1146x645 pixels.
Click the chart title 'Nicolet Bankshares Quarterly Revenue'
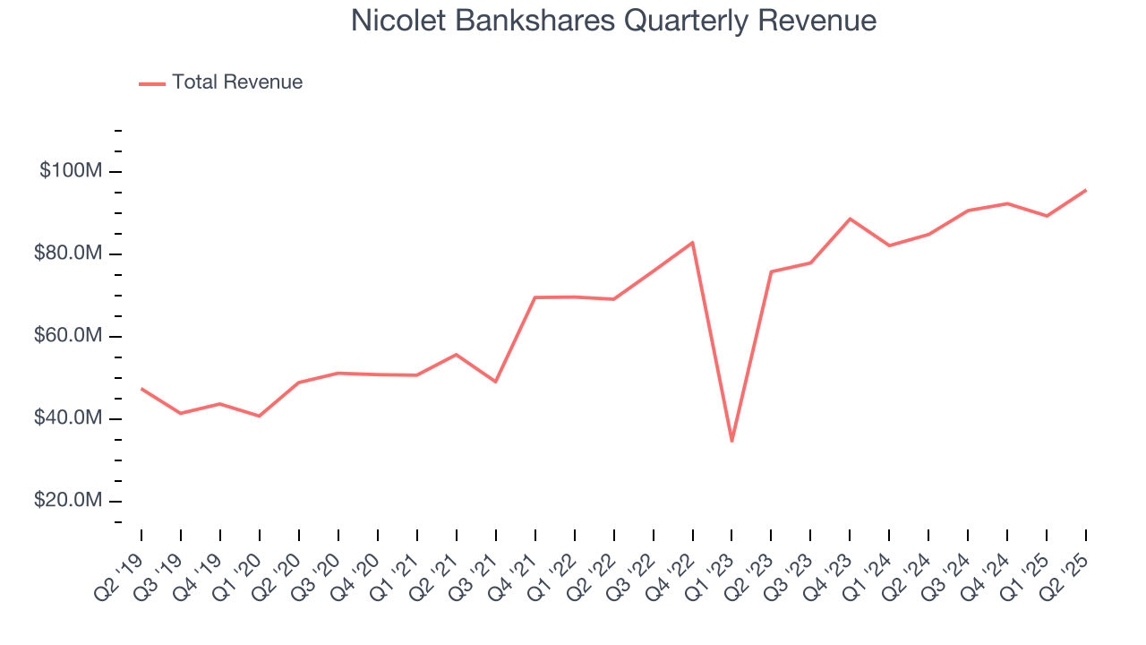[x=613, y=21]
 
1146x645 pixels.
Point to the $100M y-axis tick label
[x=71, y=171]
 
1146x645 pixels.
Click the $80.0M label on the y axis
[x=68, y=254]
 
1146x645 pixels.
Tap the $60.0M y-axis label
[x=68, y=336]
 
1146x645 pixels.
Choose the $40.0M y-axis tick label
[x=68, y=418]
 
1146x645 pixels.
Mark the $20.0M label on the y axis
[x=68, y=501]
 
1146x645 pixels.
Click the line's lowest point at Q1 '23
[x=731, y=441]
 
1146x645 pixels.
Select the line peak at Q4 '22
[x=692, y=242]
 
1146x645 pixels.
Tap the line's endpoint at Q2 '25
[x=1086, y=190]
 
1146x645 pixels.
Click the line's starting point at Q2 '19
[x=141, y=389]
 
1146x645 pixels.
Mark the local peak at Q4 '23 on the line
[x=850, y=219]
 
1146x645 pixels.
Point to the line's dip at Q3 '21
[x=495, y=382]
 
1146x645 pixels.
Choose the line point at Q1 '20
[x=260, y=416]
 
